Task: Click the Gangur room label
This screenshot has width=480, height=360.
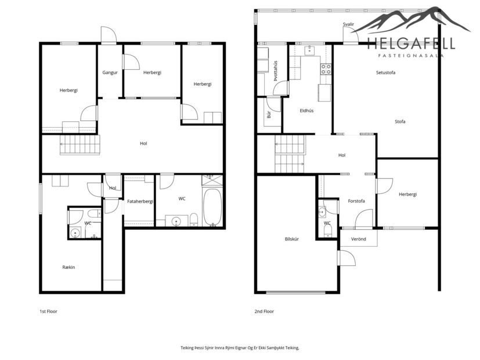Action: click(110, 73)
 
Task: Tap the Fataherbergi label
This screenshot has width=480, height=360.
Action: click(140, 201)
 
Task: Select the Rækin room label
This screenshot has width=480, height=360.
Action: click(69, 267)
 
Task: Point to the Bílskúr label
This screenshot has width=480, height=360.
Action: click(291, 239)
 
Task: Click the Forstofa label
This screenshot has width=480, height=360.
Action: click(356, 201)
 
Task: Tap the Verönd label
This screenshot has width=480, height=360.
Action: click(359, 239)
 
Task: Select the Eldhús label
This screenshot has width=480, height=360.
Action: click(306, 110)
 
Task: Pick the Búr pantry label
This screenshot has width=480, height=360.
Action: click(269, 115)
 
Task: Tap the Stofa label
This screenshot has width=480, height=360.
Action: click(400, 121)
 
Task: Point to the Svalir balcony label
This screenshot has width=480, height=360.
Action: click(348, 24)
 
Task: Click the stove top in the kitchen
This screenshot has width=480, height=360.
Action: click(326, 69)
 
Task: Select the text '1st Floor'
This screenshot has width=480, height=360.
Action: click(48, 312)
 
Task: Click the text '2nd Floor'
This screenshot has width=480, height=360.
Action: click(264, 312)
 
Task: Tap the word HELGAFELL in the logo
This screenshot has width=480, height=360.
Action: click(410, 43)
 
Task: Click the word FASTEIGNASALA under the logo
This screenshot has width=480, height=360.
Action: click(410, 56)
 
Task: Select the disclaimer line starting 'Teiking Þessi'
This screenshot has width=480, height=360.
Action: click(240, 347)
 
